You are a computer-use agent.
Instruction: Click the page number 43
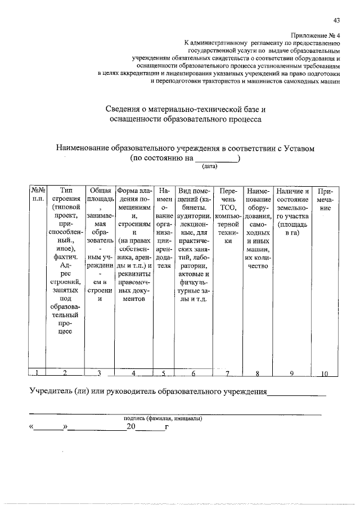coord(336,21)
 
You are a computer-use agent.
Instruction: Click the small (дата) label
coord(209,166)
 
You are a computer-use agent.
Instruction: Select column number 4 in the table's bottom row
coord(133,373)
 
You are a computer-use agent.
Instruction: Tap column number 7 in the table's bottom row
coord(228,373)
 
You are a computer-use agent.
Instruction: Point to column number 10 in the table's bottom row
coord(325,373)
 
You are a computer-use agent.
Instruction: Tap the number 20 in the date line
coord(131,428)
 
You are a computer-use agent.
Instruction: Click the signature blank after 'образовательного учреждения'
coord(296,393)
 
